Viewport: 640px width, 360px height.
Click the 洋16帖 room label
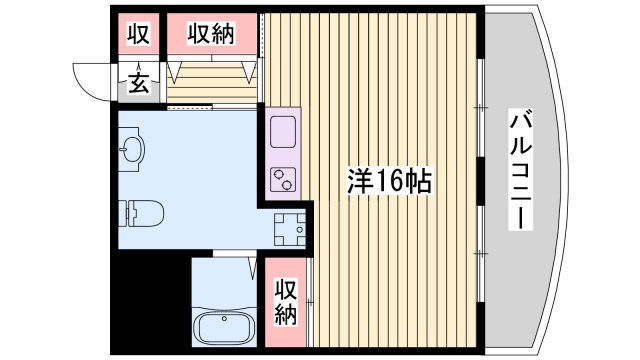pos(390,181)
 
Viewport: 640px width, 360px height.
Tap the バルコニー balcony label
pos(519,171)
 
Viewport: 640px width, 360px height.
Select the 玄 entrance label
pos(139,84)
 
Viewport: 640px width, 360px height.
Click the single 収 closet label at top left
pos(138,34)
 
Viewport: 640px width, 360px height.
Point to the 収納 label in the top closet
pos(211,34)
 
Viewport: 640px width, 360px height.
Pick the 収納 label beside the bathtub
pos(287,303)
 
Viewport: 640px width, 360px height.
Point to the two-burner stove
pos(283,180)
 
